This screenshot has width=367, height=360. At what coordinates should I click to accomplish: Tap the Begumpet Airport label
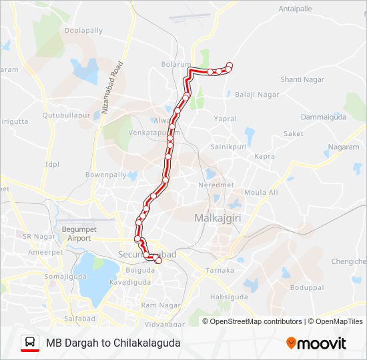pyautogui.click(x=75, y=233)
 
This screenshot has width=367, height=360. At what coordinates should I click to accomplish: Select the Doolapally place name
pyautogui.click(x=84, y=31)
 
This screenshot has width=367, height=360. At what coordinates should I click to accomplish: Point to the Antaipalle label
pyautogui.click(x=296, y=9)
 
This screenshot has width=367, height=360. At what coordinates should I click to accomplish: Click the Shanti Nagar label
pyautogui.click(x=302, y=79)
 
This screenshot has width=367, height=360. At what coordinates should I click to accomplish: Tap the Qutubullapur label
pyautogui.click(x=66, y=115)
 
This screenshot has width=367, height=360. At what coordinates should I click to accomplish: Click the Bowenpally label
pyautogui.click(x=105, y=175)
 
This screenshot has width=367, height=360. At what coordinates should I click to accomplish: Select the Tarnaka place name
pyautogui.click(x=220, y=270)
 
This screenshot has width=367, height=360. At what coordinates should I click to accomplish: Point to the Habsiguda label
pyautogui.click(x=228, y=297)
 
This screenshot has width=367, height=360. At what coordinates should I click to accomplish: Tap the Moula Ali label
pyautogui.click(x=261, y=193)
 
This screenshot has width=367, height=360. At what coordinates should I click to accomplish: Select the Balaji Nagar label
pyautogui.click(x=257, y=95)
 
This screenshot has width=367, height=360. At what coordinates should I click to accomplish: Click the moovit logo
pyautogui.click(x=317, y=343)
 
